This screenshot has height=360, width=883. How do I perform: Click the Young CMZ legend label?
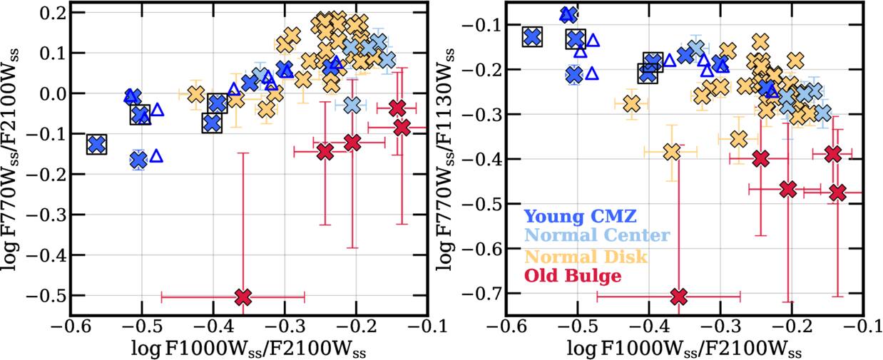pos(581,216)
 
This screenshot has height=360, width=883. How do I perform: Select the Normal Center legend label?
pos(597,235)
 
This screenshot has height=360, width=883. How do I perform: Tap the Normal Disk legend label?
pos(586,257)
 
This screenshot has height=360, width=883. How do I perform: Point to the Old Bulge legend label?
pos(573,275)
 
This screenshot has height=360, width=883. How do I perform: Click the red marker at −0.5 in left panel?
pos(244,297)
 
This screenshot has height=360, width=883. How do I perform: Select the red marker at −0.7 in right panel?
pos(679,297)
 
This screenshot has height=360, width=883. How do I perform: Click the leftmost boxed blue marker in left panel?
pos(97,145)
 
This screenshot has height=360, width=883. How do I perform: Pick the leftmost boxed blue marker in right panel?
pos(533,37)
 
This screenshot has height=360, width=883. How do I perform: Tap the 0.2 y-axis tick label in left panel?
pos(51,13)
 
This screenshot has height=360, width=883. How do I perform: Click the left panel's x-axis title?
pos(248,349)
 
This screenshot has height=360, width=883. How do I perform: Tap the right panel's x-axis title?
pos(684,349)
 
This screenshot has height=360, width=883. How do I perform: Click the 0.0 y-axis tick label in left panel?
pos(51,93)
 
